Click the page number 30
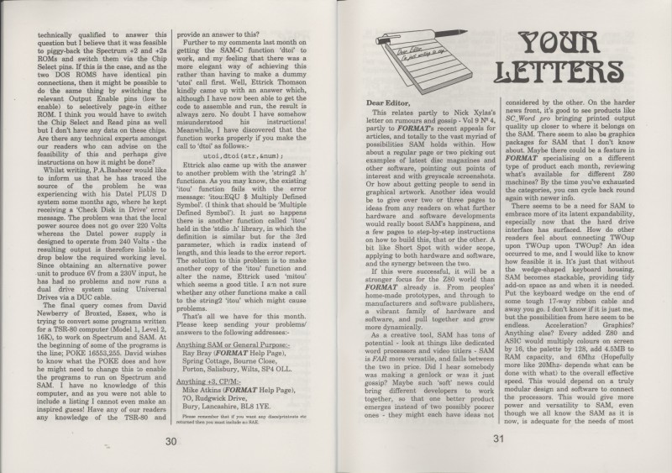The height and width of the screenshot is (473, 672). pos(171,441)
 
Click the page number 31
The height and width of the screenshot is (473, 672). pos(497,439)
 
